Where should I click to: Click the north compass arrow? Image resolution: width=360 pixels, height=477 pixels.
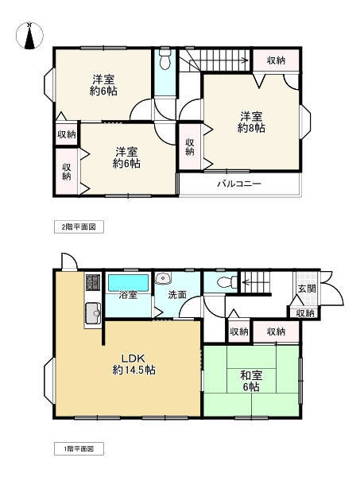click(29, 36)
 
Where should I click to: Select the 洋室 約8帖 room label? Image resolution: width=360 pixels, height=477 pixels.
click(251, 122)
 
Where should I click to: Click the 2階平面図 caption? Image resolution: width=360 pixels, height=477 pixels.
click(79, 227)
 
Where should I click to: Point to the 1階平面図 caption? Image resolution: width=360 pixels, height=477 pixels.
click(79, 449)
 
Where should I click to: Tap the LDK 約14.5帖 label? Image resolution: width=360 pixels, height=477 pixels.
click(133, 364)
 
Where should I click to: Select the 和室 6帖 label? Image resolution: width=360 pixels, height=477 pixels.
click(250, 381)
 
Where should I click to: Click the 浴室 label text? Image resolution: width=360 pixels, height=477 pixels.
click(128, 295)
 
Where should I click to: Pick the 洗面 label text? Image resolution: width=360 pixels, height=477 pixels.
click(176, 295)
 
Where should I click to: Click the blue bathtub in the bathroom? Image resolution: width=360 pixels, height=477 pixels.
click(129, 281)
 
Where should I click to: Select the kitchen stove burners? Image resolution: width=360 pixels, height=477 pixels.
click(91, 281)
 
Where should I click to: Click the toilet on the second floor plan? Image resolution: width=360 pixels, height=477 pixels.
click(165, 60)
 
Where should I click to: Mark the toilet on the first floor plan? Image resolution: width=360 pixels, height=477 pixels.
click(223, 281)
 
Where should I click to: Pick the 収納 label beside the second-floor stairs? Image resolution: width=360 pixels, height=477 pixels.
click(276, 60)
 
